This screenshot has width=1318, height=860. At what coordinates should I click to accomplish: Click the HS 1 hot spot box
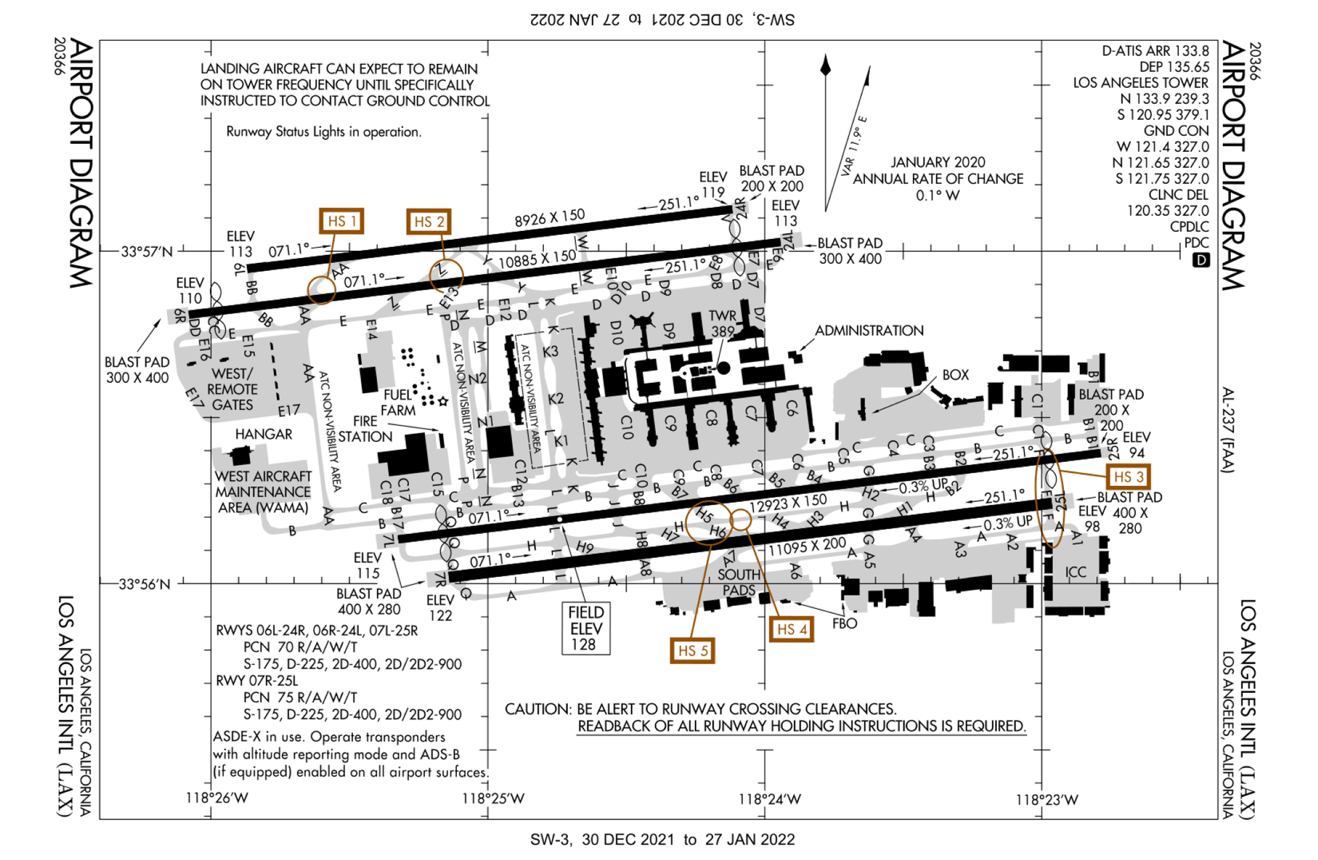pyautogui.click(x=341, y=221)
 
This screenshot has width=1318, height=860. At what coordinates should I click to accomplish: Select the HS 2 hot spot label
pyautogui.click(x=428, y=221)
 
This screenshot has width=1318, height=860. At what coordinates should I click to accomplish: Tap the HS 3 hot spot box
pyautogui.click(x=1128, y=477)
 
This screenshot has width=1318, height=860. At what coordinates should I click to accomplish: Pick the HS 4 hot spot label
pyautogui.click(x=791, y=629)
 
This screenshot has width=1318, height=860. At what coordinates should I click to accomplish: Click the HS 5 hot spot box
pyautogui.click(x=692, y=651)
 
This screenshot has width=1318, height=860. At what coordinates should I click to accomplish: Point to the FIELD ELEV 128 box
pyautogui.click(x=586, y=628)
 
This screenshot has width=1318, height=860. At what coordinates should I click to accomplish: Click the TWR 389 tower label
pyautogui.click(x=722, y=324)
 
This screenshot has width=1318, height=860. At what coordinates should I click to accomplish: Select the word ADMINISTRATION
pyautogui.click(x=868, y=331)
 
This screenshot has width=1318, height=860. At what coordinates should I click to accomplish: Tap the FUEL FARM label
pyautogui.click(x=399, y=402)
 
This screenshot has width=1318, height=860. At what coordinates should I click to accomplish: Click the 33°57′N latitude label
pyautogui.click(x=146, y=252)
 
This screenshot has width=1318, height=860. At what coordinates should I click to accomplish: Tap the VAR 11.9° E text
pyautogui.click(x=852, y=146)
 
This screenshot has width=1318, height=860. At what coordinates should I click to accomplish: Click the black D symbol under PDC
pyautogui.click(x=1201, y=261)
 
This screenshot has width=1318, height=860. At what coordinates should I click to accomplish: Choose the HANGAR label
pyautogui.click(x=264, y=434)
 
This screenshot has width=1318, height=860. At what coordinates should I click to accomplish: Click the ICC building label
pyautogui.click(x=1075, y=572)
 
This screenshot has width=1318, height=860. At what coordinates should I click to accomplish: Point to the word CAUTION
pyautogui.click(x=538, y=709)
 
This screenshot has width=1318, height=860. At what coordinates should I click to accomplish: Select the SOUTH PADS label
pyautogui.click(x=739, y=583)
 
